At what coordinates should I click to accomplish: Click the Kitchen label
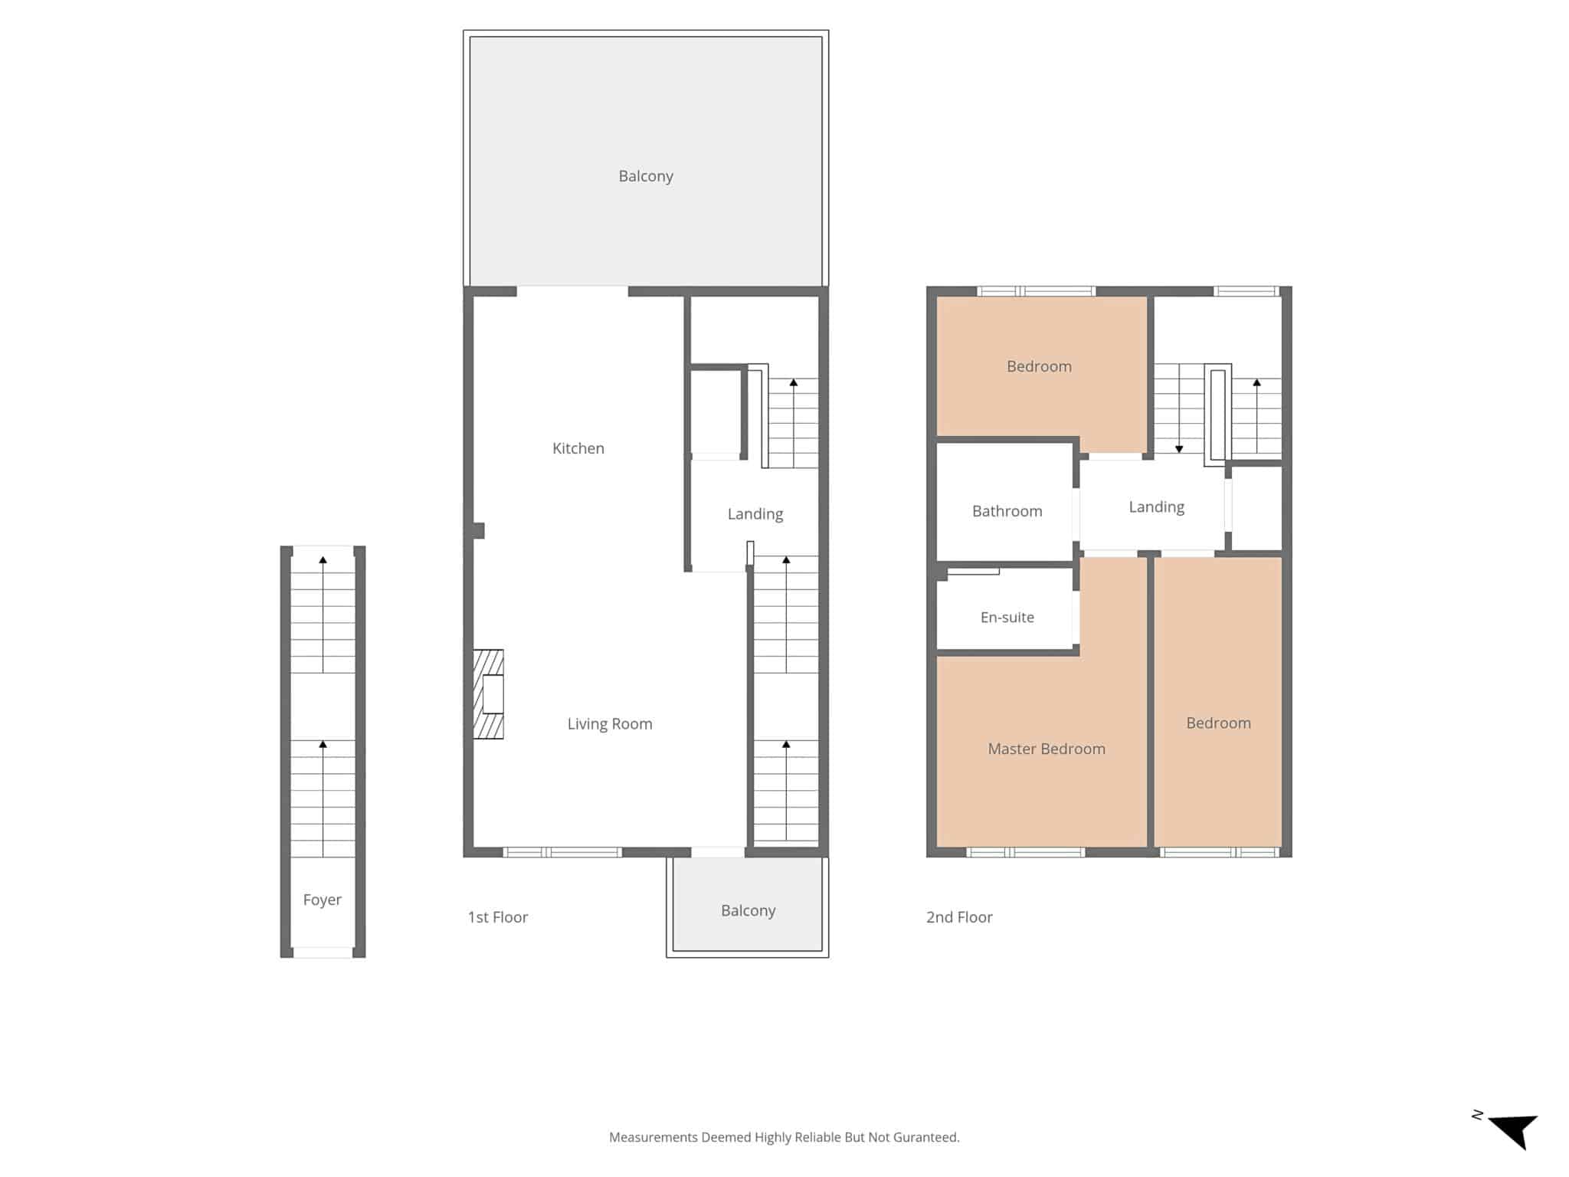click(578, 448)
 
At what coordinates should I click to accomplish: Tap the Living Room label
click(610, 724)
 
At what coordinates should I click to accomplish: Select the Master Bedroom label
click(1047, 749)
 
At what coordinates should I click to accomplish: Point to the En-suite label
click(1007, 617)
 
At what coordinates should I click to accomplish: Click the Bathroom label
click(1007, 511)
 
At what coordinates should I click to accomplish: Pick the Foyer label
click(323, 900)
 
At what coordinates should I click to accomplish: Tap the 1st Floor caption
click(498, 917)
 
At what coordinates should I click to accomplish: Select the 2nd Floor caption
click(959, 917)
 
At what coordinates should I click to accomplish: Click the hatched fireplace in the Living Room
click(488, 694)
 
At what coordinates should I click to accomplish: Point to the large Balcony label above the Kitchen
click(646, 176)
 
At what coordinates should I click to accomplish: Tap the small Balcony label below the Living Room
click(748, 910)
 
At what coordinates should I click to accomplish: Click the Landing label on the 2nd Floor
click(1157, 507)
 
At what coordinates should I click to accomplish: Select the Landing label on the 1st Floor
click(755, 514)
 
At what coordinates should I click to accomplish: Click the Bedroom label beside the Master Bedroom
click(1219, 723)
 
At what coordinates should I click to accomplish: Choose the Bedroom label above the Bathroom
click(1040, 366)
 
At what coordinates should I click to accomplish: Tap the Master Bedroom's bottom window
click(1026, 852)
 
